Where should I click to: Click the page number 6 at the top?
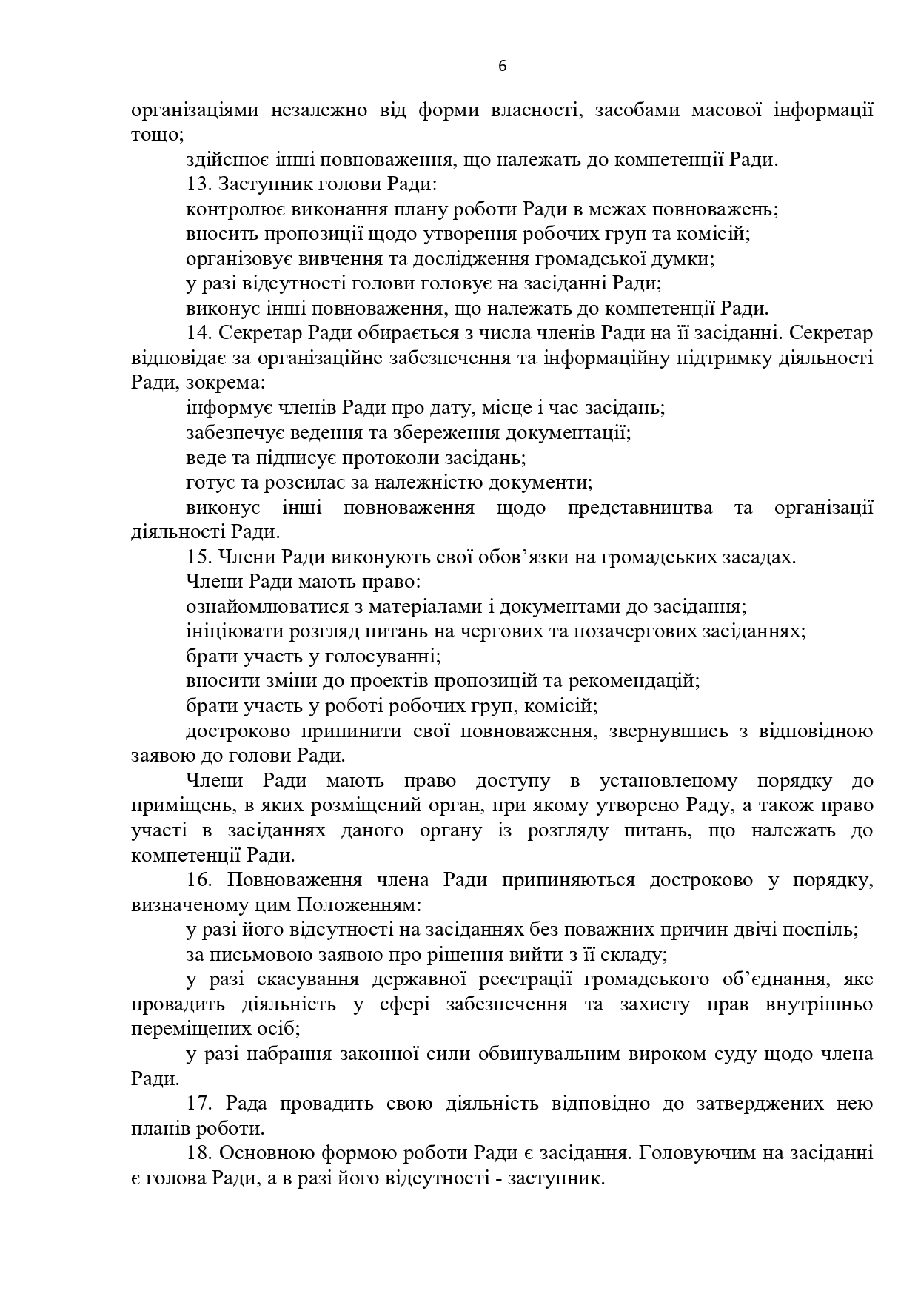pos(503,66)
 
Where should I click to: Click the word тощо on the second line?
pos(155,135)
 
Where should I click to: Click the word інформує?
pos(220,408)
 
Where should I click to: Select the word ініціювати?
pos(231,631)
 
